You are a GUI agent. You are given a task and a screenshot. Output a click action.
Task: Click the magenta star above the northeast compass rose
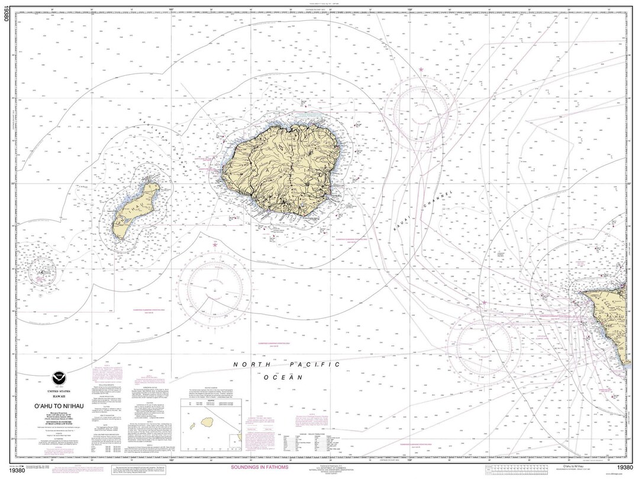coord(421,70)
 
